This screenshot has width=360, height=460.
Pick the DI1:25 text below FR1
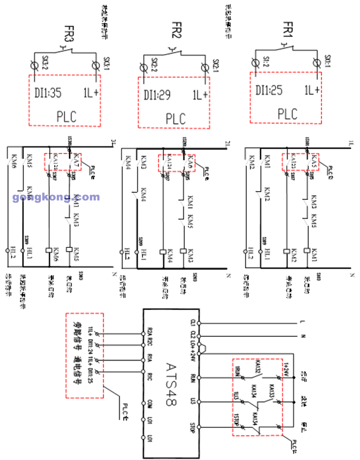pos(269,89)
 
